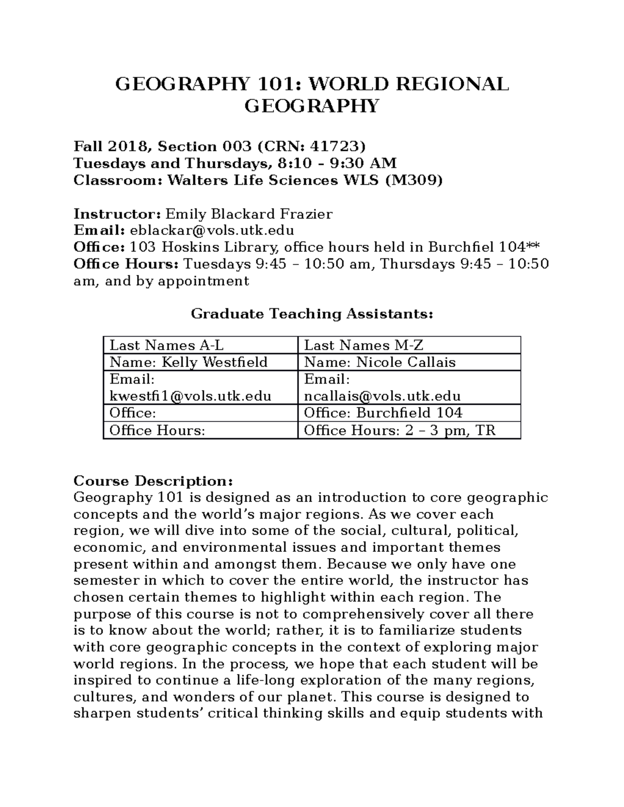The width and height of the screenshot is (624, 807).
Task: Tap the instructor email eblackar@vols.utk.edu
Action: pos(212,230)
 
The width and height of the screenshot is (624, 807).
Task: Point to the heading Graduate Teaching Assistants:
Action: pos(312,314)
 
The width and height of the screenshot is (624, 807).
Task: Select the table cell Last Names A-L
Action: pos(166,346)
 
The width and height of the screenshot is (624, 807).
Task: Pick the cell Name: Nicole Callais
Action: pos(380,362)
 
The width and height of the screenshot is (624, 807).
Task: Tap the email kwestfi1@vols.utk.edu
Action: pos(190,396)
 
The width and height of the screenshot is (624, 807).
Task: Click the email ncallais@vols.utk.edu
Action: pos(382,396)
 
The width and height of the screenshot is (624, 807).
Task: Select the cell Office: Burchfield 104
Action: pos(383,413)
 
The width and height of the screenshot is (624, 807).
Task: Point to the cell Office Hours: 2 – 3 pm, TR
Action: pos(399,430)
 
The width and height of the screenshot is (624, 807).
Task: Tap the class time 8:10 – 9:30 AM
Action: pos(337,164)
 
